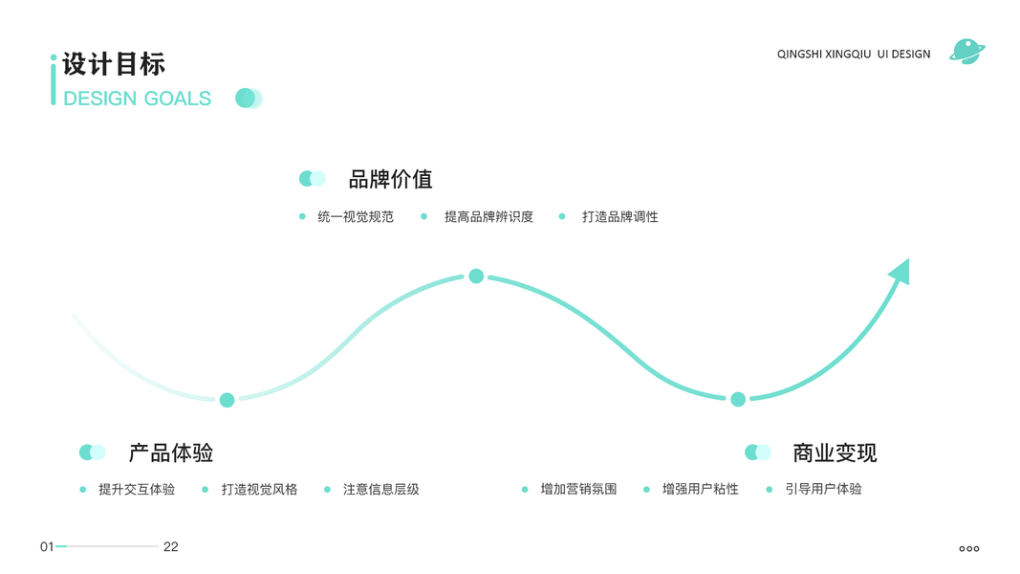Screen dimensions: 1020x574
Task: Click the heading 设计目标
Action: (114, 64)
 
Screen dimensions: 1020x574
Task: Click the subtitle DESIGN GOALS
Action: (137, 99)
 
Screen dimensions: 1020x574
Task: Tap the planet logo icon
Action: (966, 52)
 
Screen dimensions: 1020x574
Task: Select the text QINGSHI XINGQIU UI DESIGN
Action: (853, 55)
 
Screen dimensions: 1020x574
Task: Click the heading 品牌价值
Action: (390, 179)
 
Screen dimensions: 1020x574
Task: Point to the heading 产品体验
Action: (170, 453)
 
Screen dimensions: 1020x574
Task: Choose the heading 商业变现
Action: (834, 453)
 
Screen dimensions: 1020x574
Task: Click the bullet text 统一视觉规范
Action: (356, 217)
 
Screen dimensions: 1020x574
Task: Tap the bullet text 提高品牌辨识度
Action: (488, 217)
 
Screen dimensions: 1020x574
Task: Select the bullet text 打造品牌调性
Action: (620, 217)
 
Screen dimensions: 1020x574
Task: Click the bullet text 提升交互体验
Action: (137, 490)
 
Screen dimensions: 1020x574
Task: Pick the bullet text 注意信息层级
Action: (380, 490)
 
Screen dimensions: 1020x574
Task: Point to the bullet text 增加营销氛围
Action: (578, 490)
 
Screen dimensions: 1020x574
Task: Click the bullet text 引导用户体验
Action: (823, 489)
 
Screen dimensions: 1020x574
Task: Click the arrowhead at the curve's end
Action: (901, 272)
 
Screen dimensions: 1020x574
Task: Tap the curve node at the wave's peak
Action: (476, 276)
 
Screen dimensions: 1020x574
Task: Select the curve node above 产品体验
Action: (227, 400)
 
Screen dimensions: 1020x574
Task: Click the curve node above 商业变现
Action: (738, 399)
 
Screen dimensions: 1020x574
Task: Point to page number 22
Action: (171, 547)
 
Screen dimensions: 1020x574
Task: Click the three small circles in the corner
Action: (968, 549)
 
